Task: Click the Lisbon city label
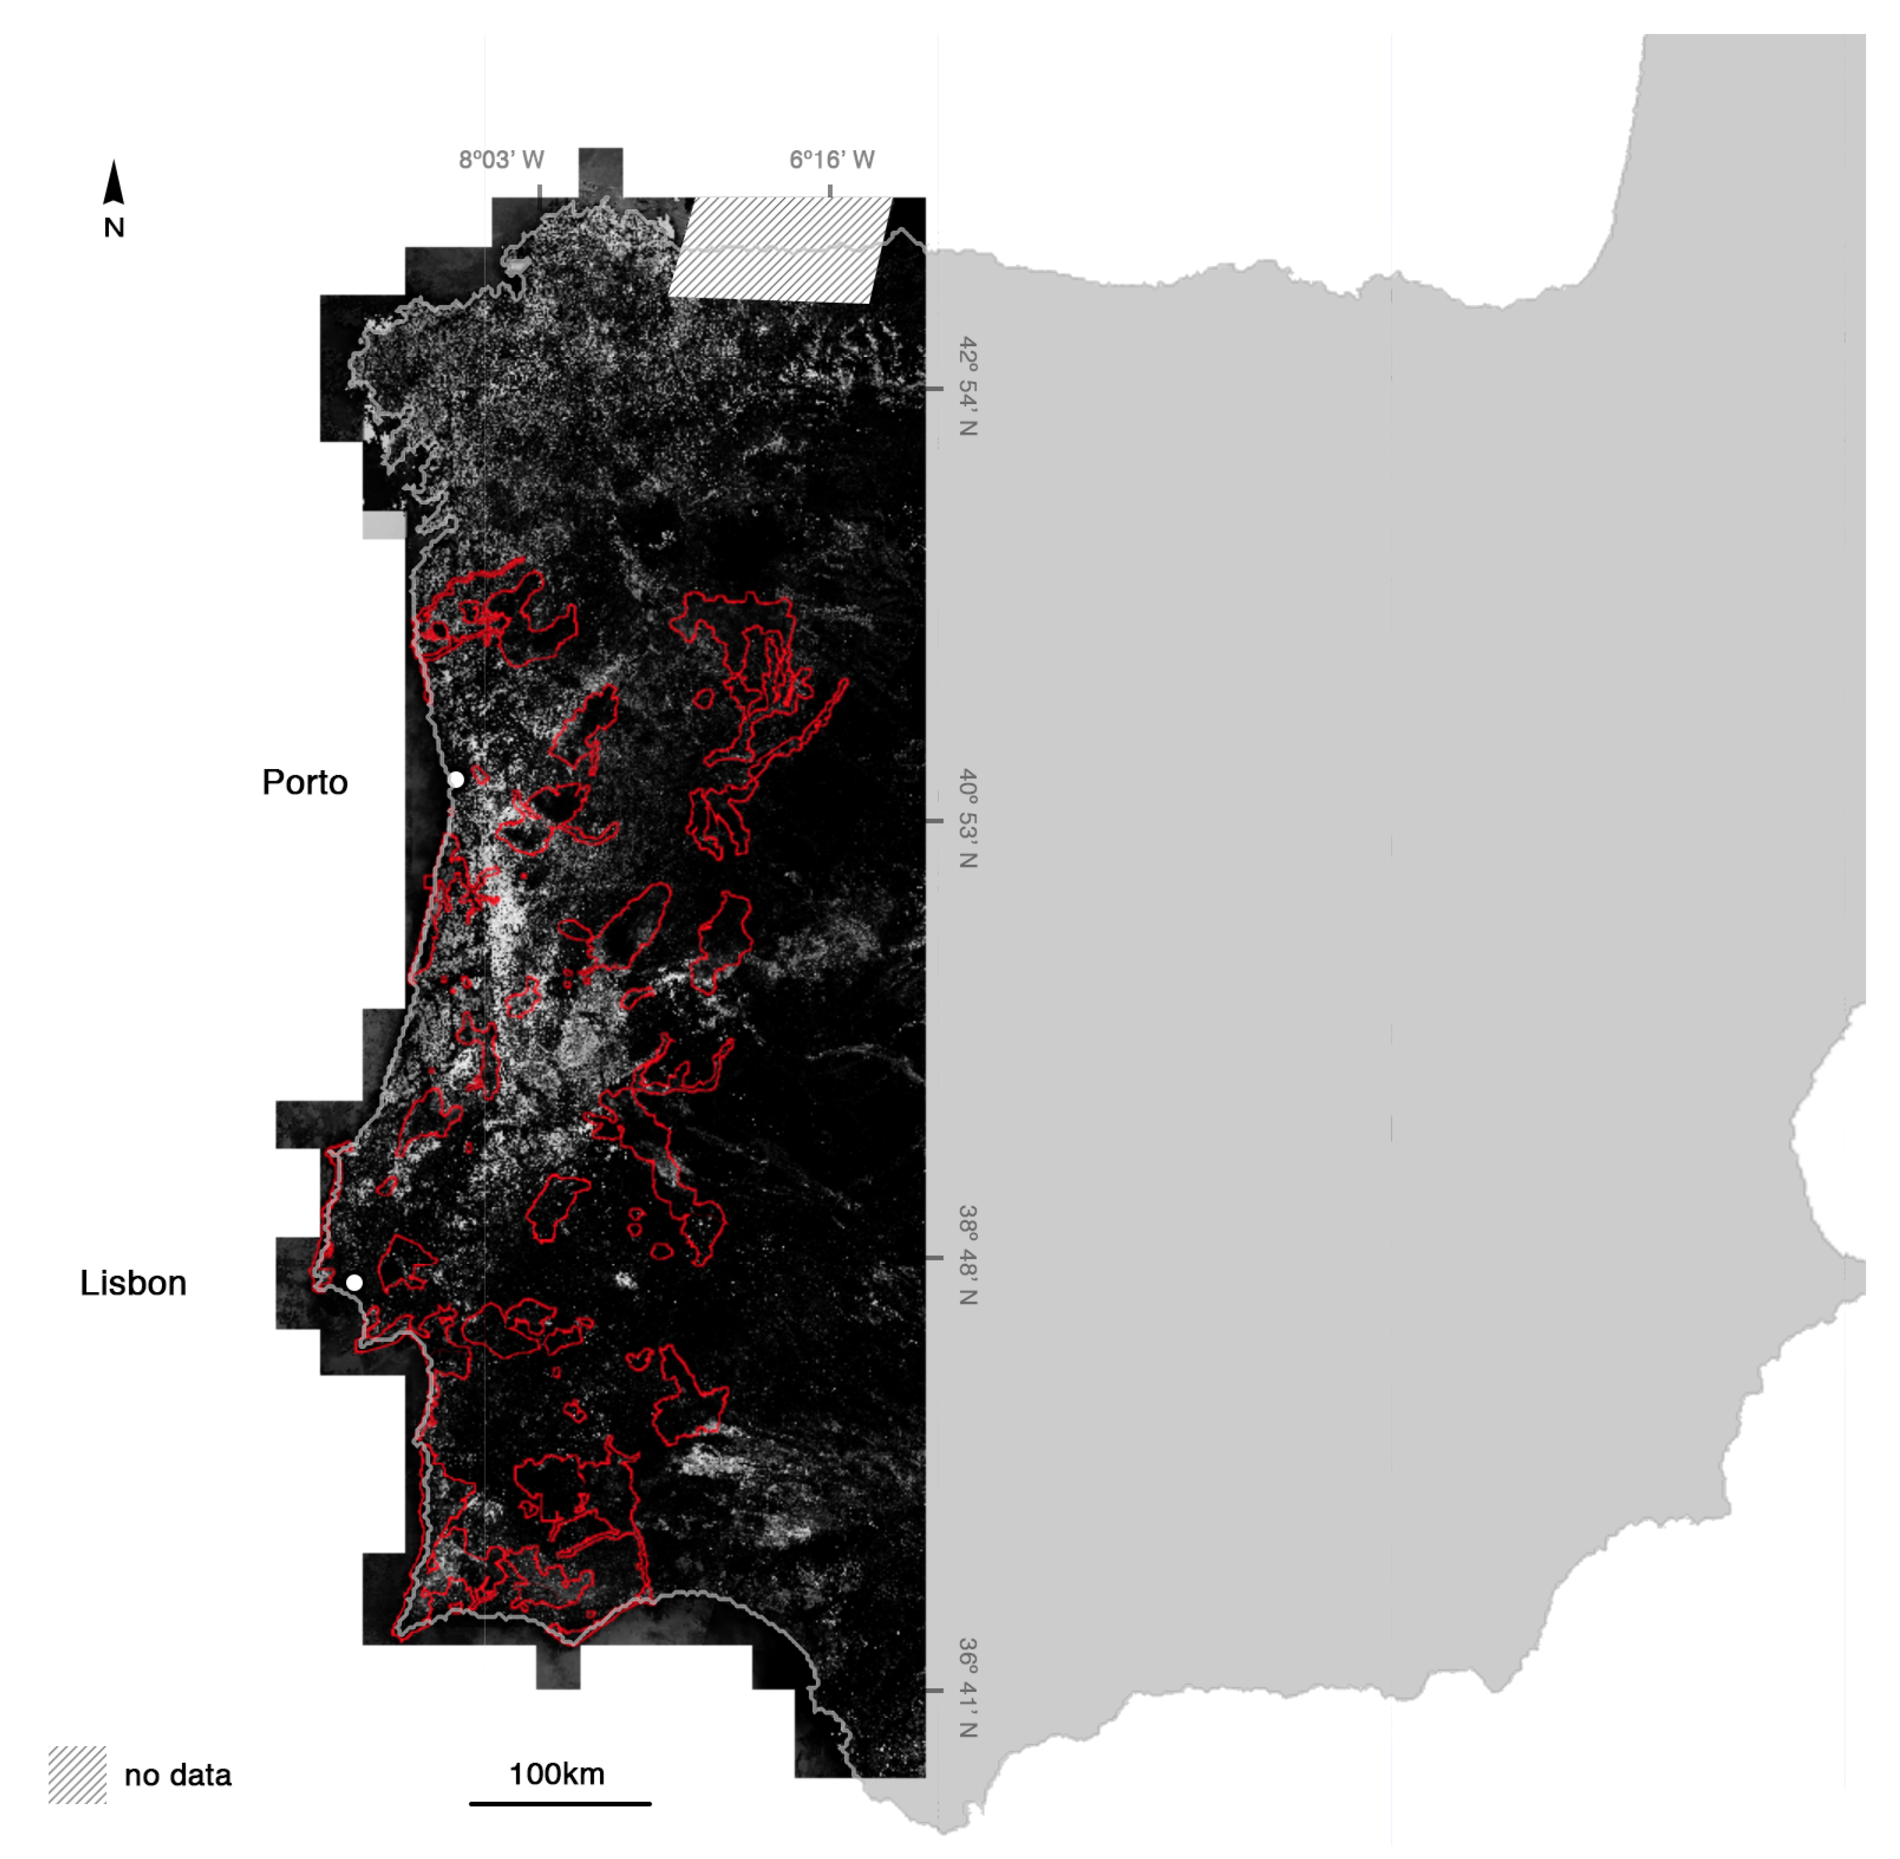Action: [x=133, y=1283]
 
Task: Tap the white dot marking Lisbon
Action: [x=354, y=1282]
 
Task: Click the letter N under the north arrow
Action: [x=114, y=227]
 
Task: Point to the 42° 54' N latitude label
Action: [x=967, y=387]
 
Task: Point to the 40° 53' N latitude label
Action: [x=967, y=818]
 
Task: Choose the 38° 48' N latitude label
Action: [x=967, y=1255]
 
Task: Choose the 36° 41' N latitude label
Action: [x=967, y=1688]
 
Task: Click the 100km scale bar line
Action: [x=559, y=1803]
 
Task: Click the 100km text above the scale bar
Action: [x=556, y=1774]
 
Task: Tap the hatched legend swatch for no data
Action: [x=77, y=1775]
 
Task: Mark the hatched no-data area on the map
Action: [x=781, y=249]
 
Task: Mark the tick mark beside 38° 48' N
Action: [x=934, y=1258]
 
